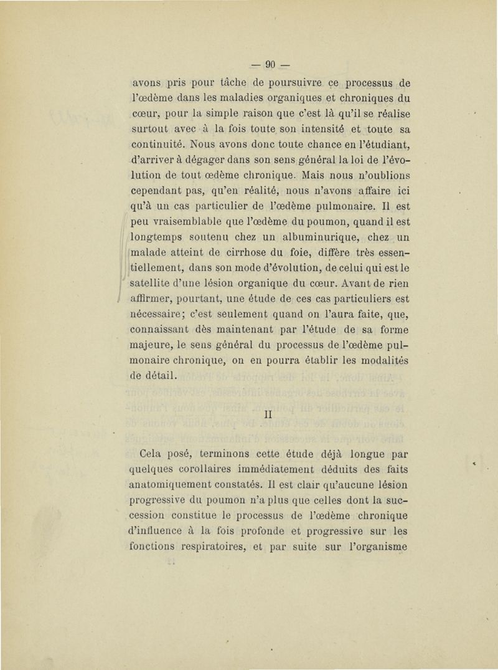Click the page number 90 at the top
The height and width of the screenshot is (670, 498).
click(270, 62)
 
